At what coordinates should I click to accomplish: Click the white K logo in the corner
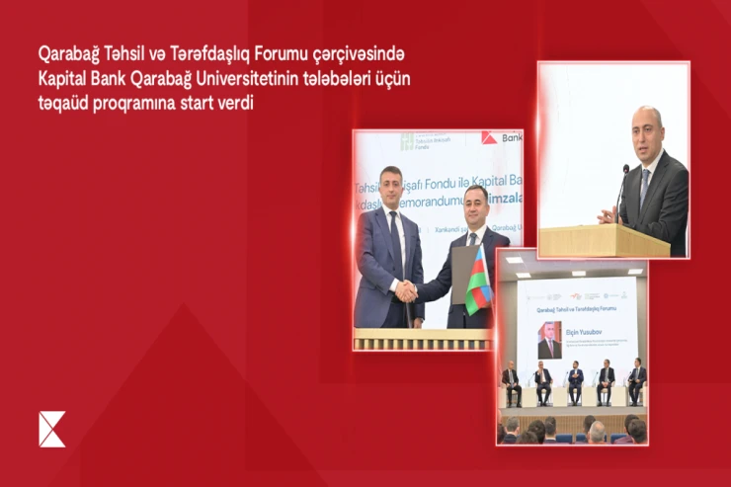click(x=51, y=429)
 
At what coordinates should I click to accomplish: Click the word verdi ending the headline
click(x=234, y=103)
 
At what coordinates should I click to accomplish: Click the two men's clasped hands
click(x=407, y=290)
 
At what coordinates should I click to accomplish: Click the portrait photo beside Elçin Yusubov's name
click(x=548, y=340)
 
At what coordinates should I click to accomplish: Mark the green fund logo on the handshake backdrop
click(x=407, y=141)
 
